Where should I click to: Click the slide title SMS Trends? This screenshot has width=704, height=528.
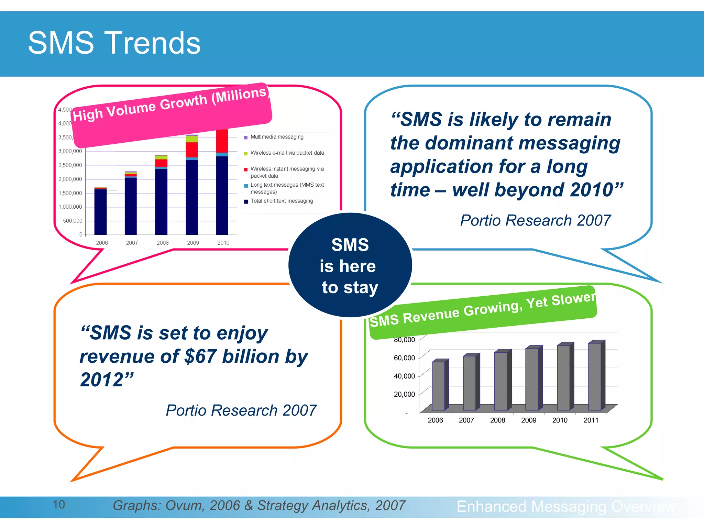[x=114, y=43]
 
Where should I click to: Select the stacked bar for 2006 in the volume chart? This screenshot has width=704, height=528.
[x=100, y=211]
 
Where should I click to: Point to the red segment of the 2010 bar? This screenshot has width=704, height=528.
[x=222, y=141]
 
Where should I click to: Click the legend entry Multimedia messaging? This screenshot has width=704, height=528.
[x=277, y=137]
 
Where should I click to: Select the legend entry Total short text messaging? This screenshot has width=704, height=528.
[x=282, y=201]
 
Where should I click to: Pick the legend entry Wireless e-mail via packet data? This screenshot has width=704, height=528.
[x=287, y=153]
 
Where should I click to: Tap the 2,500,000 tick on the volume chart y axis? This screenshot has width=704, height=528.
[x=70, y=165]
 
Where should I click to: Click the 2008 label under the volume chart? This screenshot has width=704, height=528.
[x=163, y=243]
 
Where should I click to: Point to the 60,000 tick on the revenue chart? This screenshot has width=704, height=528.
[x=404, y=358]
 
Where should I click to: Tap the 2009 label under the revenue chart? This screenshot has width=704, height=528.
[x=529, y=420]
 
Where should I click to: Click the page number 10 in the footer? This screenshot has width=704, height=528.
[x=59, y=505]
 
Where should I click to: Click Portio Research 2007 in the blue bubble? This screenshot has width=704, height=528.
[x=535, y=220]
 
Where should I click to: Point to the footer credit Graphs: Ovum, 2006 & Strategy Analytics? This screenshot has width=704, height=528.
[x=259, y=505]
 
